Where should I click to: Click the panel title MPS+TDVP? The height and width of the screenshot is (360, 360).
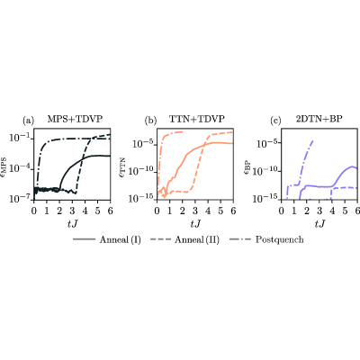(x=75, y=119)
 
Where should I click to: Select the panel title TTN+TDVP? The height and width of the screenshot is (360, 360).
(x=197, y=119)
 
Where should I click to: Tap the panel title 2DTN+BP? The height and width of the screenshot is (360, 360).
(x=319, y=119)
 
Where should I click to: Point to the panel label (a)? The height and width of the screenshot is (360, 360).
(x=29, y=121)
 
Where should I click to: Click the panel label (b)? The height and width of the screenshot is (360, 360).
(x=150, y=121)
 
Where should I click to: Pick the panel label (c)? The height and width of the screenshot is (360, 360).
(x=275, y=121)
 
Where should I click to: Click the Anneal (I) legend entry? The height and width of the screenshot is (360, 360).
(x=107, y=239)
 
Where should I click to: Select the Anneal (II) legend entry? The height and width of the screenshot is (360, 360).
(x=184, y=239)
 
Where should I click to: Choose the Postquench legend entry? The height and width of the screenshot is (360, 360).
(x=266, y=239)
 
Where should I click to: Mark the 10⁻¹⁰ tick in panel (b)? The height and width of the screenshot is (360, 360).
(x=140, y=172)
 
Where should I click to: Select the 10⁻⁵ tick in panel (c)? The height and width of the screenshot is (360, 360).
(x=267, y=143)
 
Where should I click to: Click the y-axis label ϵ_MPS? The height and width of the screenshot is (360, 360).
(x=6, y=168)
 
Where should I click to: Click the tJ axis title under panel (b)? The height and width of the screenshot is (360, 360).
(x=195, y=224)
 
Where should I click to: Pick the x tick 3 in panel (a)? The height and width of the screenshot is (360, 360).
(x=72, y=211)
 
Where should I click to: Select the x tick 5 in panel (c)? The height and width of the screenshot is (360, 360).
(x=345, y=211)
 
